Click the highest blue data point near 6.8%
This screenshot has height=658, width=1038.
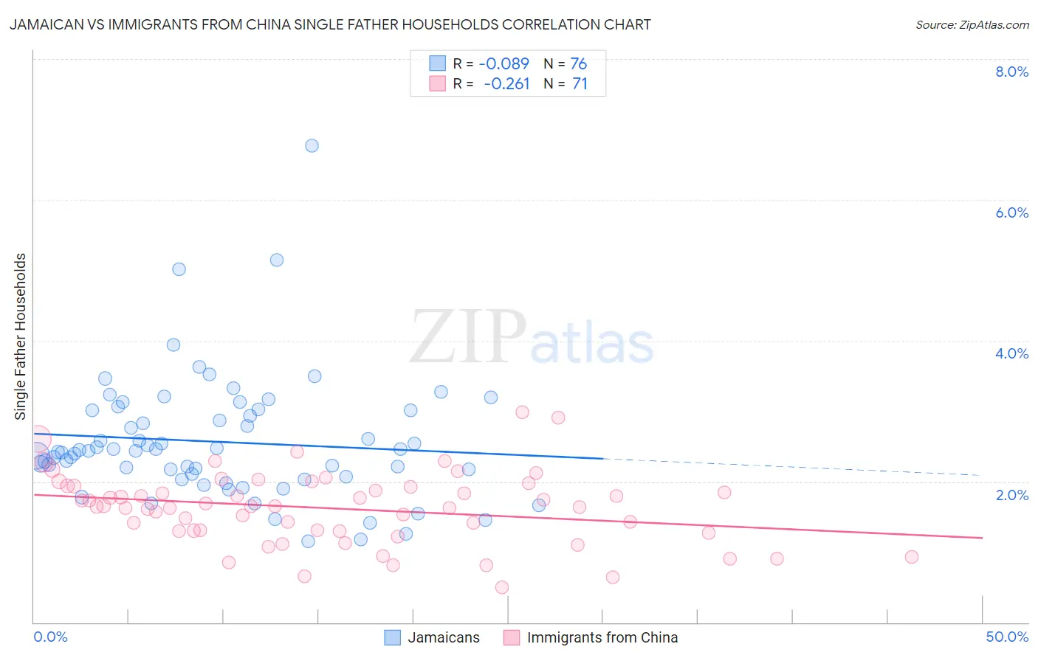312,145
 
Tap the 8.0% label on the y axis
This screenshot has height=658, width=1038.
1011,72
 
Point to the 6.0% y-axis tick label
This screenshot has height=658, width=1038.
1011,212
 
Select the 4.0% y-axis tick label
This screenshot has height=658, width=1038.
1011,353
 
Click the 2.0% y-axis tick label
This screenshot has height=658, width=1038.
1011,495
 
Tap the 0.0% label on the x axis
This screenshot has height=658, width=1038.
50,637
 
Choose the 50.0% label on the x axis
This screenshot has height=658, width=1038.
1007,637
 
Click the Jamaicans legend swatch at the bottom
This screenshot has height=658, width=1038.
393,637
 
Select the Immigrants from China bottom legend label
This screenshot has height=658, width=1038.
602,637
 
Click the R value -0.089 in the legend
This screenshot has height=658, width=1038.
503,64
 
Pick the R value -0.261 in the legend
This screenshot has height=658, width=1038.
506,84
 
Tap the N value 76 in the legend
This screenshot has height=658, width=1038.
579,64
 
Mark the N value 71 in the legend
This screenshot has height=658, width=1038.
580,84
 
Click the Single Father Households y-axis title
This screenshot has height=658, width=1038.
21,336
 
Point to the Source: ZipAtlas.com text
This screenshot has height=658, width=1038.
972,25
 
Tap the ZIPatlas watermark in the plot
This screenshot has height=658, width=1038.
532,338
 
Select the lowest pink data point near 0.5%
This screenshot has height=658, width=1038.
502,587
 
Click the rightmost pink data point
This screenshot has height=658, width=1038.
911,557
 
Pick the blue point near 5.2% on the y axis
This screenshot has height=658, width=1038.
277,260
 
